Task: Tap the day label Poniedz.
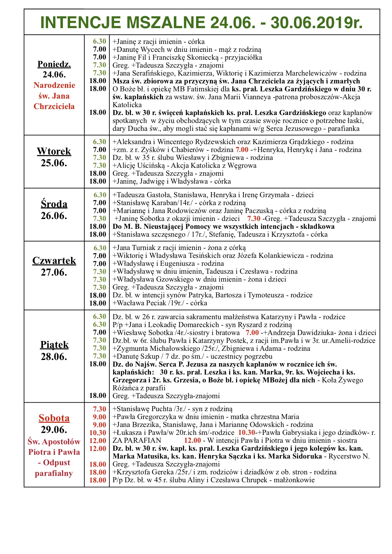click(x=54, y=64)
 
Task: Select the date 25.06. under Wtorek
click(x=54, y=163)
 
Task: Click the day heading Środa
click(x=54, y=204)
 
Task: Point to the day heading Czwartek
click(x=54, y=261)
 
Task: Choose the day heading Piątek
click(x=54, y=345)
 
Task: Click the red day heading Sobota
click(x=54, y=418)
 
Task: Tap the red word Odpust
click(x=57, y=463)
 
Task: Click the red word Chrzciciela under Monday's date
click(x=54, y=107)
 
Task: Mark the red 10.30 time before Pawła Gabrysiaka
click(x=247, y=433)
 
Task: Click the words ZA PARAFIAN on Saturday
click(x=137, y=441)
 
